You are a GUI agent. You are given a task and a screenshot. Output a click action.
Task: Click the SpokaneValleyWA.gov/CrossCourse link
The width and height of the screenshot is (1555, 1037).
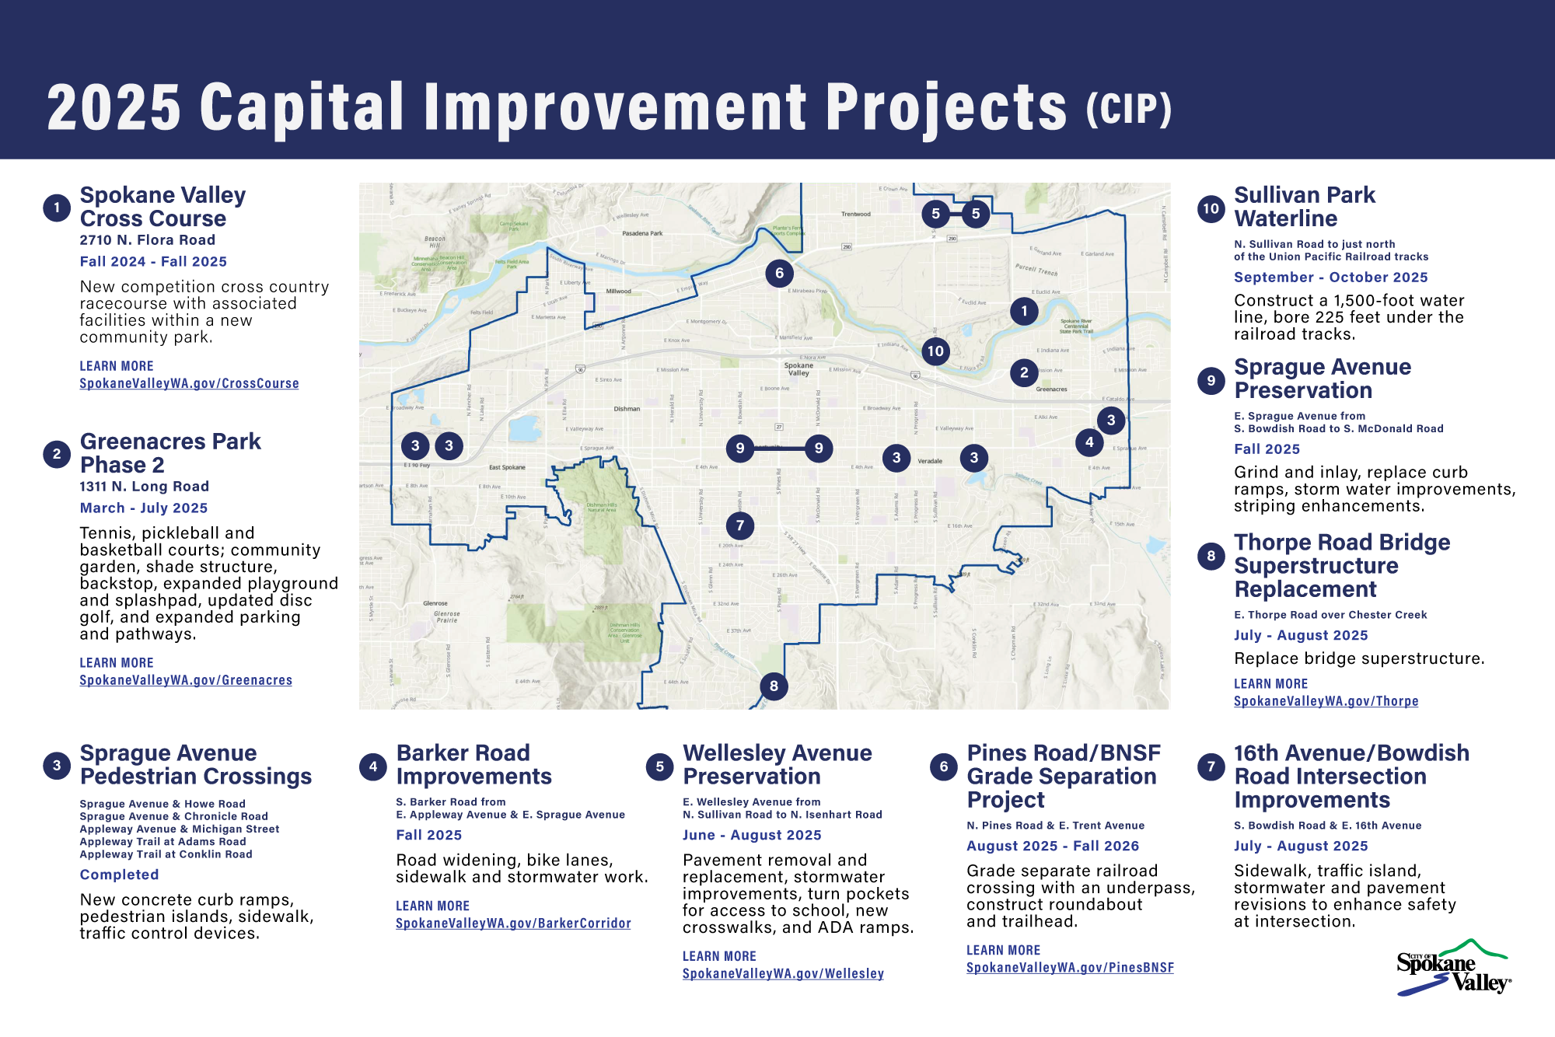tap(189, 383)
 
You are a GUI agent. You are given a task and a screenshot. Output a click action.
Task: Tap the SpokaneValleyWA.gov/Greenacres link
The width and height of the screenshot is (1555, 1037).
tap(186, 680)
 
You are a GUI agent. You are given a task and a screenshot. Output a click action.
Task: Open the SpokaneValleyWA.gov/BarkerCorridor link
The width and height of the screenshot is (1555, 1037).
tap(513, 924)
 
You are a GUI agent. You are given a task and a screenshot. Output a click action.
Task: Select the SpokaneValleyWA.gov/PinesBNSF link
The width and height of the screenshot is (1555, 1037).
tap(1070, 968)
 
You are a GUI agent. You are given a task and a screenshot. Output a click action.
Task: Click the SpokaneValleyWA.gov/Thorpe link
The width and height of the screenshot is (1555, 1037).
tap(1326, 701)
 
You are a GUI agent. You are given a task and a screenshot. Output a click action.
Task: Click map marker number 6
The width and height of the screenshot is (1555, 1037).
tap(779, 273)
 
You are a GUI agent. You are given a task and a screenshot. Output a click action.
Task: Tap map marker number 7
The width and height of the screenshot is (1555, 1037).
tap(739, 525)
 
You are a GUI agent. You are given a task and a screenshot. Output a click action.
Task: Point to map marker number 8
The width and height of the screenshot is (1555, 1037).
tap(774, 686)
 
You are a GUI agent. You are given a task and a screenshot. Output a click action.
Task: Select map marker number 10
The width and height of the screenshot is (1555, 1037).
tap(935, 351)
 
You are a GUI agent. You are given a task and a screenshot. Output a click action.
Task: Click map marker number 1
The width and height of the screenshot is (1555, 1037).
tap(1024, 312)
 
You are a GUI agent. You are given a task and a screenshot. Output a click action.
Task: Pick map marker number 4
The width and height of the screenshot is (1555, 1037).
tap(1089, 442)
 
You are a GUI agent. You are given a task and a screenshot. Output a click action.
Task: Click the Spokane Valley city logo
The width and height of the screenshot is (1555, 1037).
tap(1453, 969)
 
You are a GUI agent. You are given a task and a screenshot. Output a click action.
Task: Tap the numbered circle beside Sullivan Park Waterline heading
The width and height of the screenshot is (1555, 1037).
tap(1211, 208)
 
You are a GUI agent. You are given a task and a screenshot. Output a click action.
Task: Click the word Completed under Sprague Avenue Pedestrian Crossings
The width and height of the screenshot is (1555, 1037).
tap(119, 875)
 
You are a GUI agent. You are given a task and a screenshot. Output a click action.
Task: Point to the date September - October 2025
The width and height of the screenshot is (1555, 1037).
tap(1330, 278)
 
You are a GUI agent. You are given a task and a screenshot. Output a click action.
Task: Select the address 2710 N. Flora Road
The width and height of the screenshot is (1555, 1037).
tap(147, 240)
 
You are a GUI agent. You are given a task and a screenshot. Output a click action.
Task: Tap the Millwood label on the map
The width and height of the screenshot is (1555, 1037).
tap(618, 292)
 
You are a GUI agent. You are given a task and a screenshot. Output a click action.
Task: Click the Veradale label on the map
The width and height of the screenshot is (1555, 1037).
tap(930, 461)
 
